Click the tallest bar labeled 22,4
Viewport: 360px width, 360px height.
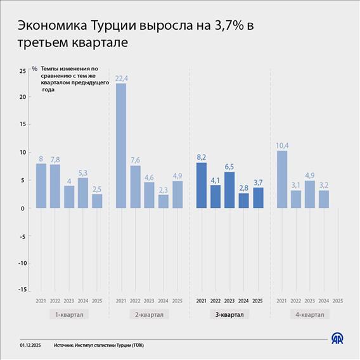[x=120, y=146]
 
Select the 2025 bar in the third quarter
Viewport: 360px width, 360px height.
[x=258, y=197]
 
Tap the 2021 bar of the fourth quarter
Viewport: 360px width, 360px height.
[x=282, y=179]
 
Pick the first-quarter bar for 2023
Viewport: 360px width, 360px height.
[x=69, y=196]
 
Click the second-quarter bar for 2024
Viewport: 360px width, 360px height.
[x=164, y=201]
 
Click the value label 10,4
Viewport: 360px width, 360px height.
[x=282, y=144]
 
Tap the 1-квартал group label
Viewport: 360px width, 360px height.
[x=69, y=314]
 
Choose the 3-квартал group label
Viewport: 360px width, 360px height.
[x=229, y=314]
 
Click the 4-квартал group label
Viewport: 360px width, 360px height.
[x=310, y=314]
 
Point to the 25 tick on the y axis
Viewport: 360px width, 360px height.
[x=23, y=70]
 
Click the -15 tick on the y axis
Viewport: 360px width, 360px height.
[x=22, y=290]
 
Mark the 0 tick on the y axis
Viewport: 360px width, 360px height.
[x=24, y=208]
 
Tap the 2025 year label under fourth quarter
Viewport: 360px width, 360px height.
[x=338, y=300]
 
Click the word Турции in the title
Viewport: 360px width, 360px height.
[x=114, y=26]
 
